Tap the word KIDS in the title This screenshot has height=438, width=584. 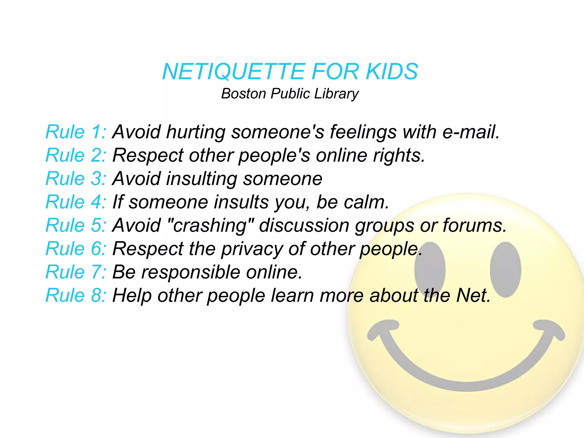click(392, 72)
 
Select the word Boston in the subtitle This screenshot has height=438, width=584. click(244, 94)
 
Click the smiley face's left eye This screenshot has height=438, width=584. click(430, 270)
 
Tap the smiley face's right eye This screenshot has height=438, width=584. click(506, 270)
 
